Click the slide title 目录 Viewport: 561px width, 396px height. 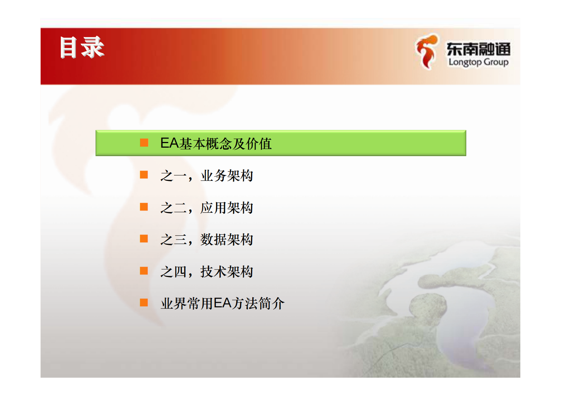pyautogui.click(x=82, y=47)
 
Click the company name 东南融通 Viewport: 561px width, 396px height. pyautogui.click(x=478, y=49)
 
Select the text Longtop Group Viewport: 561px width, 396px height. pyautogui.click(x=478, y=62)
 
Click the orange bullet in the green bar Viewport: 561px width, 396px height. pyautogui.click(x=144, y=143)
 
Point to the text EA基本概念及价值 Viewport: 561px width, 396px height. pyautogui.click(x=216, y=143)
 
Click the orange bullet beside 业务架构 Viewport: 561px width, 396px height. pyautogui.click(x=144, y=175)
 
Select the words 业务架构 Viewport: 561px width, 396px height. pyautogui.click(x=227, y=176)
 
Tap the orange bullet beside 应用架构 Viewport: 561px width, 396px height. pyautogui.click(x=144, y=207)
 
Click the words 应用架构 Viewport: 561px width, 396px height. pyautogui.click(x=227, y=208)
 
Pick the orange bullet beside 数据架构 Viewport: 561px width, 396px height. pyautogui.click(x=144, y=239)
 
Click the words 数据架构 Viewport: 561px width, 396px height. pyautogui.click(x=227, y=240)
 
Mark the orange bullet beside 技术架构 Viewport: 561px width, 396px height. pyautogui.click(x=144, y=271)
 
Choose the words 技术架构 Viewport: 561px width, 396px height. pyautogui.click(x=227, y=272)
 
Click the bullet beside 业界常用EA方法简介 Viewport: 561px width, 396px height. pyautogui.click(x=144, y=303)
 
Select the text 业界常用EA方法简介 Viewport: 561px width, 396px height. pyautogui.click(x=222, y=303)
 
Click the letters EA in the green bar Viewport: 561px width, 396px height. pyautogui.click(x=170, y=143)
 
